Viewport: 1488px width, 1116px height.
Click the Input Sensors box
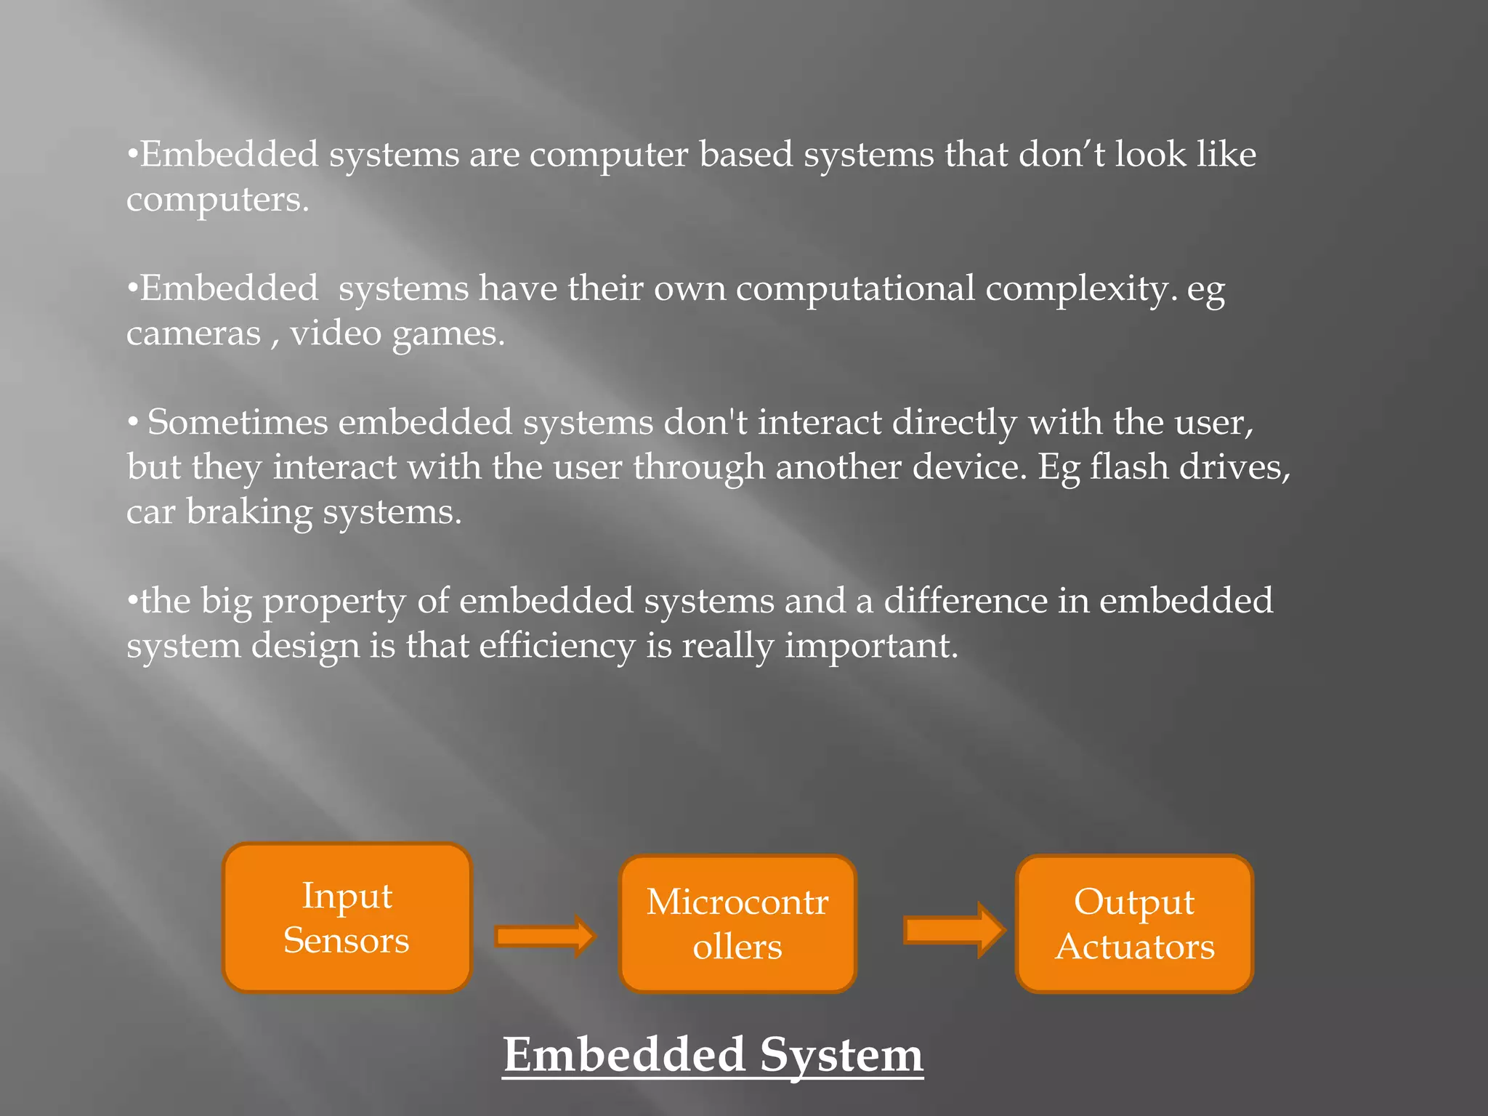(x=347, y=918)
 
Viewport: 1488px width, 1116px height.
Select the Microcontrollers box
(x=737, y=923)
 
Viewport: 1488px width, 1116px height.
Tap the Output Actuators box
(x=1134, y=923)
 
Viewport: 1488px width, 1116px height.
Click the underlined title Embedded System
(x=713, y=1055)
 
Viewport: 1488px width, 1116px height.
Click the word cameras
(x=193, y=333)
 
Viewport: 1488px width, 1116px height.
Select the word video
(x=336, y=333)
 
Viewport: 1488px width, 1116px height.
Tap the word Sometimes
(x=238, y=422)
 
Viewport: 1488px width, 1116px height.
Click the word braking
(x=249, y=511)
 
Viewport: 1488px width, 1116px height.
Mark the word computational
(x=855, y=289)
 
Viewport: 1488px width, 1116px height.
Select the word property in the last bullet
(x=334, y=602)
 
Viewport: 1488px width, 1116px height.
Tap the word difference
(x=964, y=601)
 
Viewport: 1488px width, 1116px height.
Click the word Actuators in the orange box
(x=1134, y=947)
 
